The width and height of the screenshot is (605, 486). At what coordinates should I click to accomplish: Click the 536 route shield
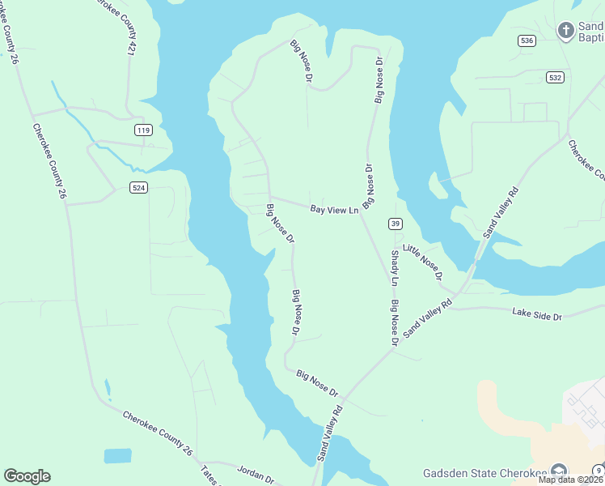pyautogui.click(x=527, y=40)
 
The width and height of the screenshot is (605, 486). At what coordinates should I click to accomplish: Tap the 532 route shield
pyautogui.click(x=554, y=77)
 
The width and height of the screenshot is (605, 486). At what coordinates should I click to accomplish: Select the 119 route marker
pyautogui.click(x=143, y=130)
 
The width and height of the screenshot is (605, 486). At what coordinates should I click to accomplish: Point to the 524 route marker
pyautogui.click(x=138, y=187)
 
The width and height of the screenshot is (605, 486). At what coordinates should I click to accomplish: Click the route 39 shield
pyautogui.click(x=395, y=224)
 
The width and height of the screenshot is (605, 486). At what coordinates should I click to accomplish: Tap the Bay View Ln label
pyautogui.click(x=334, y=210)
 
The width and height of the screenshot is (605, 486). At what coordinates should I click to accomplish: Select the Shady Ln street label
pyautogui.click(x=395, y=268)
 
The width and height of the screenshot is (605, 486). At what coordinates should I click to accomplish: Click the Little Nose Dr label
pyautogui.click(x=423, y=262)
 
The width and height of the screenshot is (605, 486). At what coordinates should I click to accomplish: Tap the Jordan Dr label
pyautogui.click(x=257, y=472)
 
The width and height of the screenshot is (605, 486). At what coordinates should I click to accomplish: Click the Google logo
pyautogui.click(x=27, y=476)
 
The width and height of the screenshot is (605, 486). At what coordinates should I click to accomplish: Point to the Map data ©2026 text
pyautogui.click(x=571, y=480)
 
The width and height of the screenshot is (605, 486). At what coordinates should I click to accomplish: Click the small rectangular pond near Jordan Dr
pyautogui.click(x=117, y=456)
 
